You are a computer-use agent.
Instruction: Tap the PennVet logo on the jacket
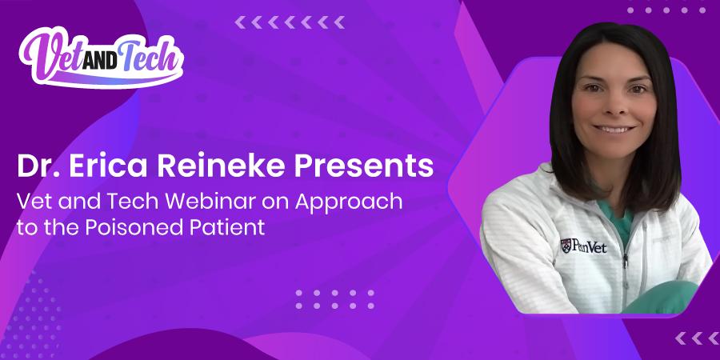click(x=585, y=246)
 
